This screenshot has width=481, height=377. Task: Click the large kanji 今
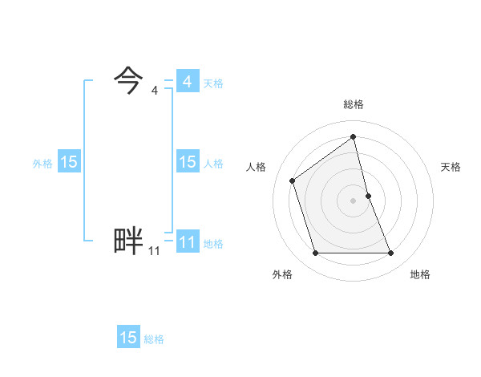(x=128, y=79)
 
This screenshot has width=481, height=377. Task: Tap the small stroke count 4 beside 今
(x=154, y=91)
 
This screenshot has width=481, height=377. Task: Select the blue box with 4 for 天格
(x=187, y=82)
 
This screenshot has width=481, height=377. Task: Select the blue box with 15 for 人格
(x=187, y=162)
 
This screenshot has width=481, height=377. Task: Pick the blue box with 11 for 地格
(x=187, y=242)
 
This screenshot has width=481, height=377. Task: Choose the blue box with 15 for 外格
(x=68, y=162)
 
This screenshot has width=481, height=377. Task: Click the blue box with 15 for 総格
(x=128, y=338)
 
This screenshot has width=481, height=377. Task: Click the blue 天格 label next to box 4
(x=213, y=83)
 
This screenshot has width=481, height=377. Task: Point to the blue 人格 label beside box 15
(x=213, y=164)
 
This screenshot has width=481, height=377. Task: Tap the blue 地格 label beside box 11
(x=213, y=244)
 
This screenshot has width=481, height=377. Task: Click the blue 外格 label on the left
(x=42, y=164)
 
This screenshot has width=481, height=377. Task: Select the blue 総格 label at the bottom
(x=154, y=339)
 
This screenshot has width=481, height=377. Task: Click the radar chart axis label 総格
(x=354, y=104)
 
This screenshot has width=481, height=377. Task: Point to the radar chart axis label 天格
(x=451, y=167)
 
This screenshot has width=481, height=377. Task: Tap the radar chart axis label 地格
(x=420, y=274)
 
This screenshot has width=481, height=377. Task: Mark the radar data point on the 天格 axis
(x=368, y=195)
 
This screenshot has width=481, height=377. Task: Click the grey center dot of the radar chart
(x=354, y=200)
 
